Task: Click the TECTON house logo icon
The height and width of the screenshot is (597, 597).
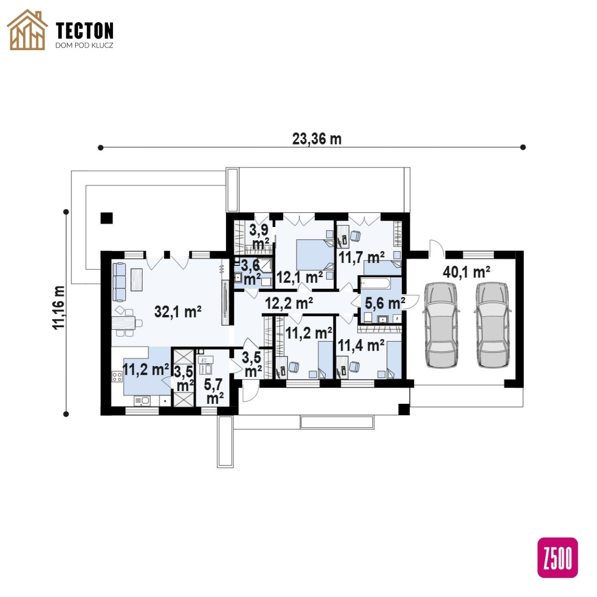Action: pos(27,30)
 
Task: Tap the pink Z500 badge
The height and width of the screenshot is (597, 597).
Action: pos(558,558)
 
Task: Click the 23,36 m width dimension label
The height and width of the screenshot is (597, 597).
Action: pos(317,139)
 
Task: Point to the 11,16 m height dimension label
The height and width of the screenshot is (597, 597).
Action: pos(59,307)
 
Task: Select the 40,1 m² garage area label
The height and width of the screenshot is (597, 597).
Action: pos(466,272)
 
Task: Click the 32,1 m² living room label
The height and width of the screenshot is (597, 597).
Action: pos(178,312)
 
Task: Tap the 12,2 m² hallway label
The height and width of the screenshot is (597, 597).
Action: pos(289,303)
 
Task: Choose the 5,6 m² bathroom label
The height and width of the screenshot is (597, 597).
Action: pos(385,303)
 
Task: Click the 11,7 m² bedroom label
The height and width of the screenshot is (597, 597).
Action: pos(362,257)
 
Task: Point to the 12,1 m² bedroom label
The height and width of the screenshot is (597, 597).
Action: pos(299,277)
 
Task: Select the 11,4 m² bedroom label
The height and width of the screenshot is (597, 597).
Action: pos(361,345)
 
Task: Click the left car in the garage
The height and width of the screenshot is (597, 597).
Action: pos(441,325)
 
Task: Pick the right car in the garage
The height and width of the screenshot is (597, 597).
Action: pos(493,325)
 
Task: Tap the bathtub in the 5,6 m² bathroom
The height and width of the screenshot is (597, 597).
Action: pos(375,284)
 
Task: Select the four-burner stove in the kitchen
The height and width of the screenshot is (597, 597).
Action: pos(117,377)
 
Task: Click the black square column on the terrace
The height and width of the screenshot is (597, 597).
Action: pos(106,218)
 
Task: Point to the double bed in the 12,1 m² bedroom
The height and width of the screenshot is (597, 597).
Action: pos(315,255)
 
